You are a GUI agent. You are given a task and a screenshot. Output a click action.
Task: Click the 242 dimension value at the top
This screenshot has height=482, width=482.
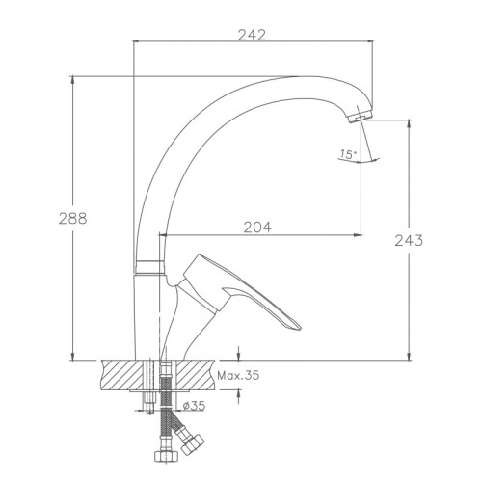tap(252, 35)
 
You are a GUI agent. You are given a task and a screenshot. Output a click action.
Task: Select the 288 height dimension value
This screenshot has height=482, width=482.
tap(73, 219)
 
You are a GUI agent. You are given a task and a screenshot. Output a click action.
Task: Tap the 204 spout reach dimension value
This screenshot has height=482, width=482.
tap(257, 228)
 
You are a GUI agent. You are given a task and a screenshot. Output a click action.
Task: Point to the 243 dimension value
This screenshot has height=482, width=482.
tap(409, 240)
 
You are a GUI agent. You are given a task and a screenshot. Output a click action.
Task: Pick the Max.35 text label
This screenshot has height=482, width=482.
tap(238, 375)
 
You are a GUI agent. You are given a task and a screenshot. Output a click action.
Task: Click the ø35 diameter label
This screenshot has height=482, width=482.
tap(194, 406)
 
